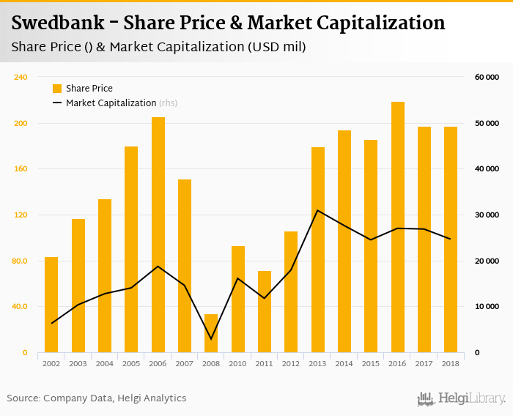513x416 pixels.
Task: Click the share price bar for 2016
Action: click(398, 227)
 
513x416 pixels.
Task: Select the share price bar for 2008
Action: click(211, 334)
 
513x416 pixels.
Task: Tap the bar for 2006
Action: click(158, 234)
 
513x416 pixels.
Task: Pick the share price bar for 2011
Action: click(265, 312)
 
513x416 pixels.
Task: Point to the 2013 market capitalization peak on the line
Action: click(318, 210)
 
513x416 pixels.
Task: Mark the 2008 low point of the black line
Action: click(211, 339)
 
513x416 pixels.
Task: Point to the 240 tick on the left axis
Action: click(21, 77)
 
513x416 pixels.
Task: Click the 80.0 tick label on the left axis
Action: click(19, 261)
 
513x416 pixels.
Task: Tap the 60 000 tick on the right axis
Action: click(487, 77)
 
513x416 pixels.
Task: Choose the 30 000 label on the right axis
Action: click(487, 215)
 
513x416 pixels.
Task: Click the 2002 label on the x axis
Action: click(51, 363)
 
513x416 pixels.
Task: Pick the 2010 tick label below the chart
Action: click(238, 363)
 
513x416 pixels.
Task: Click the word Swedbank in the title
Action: click(59, 23)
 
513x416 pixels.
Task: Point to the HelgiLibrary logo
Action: click(462, 398)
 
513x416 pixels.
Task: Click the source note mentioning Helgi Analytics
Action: click(97, 398)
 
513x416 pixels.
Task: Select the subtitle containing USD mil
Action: click(158, 47)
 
